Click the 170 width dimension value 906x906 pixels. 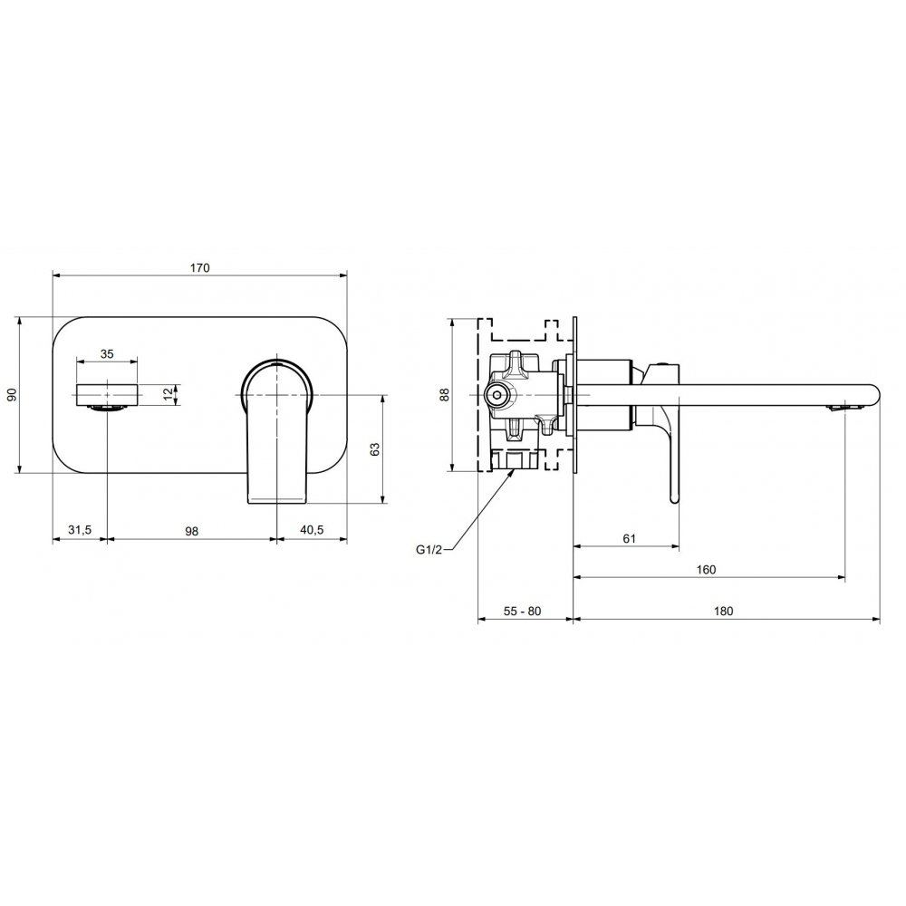point(200,267)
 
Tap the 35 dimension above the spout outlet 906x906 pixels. point(107,353)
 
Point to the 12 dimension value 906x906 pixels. point(168,395)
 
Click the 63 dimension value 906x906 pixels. point(375,449)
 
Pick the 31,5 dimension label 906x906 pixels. point(80,530)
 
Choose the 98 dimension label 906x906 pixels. point(192,530)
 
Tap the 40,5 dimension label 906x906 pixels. point(312,530)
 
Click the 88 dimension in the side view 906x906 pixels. point(444,395)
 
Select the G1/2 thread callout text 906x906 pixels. point(429,550)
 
